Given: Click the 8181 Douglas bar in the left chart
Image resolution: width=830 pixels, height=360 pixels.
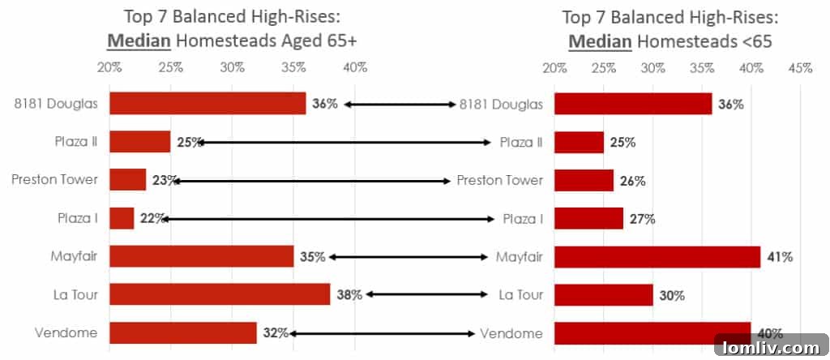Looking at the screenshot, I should (207, 103).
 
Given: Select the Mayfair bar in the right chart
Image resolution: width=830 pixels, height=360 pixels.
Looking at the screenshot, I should (657, 256).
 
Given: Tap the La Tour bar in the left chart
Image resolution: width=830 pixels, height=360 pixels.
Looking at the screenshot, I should (220, 294).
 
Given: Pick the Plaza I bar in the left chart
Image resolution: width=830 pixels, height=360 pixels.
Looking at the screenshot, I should (122, 218).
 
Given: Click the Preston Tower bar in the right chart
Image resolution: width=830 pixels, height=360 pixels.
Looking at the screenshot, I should (584, 180).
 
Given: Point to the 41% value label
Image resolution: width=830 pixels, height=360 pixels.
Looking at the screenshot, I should (781, 257).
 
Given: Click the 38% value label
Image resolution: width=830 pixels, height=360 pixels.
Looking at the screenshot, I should (349, 295).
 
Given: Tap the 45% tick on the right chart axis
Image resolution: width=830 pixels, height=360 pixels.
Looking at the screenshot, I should (799, 68).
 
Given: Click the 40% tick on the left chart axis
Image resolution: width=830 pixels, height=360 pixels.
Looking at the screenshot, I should (355, 66).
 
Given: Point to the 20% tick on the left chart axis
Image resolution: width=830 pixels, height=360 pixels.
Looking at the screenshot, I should (109, 66).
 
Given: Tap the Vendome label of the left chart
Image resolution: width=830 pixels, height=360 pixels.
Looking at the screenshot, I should (66, 333).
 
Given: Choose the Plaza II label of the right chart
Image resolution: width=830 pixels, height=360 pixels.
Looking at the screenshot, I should (521, 142).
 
